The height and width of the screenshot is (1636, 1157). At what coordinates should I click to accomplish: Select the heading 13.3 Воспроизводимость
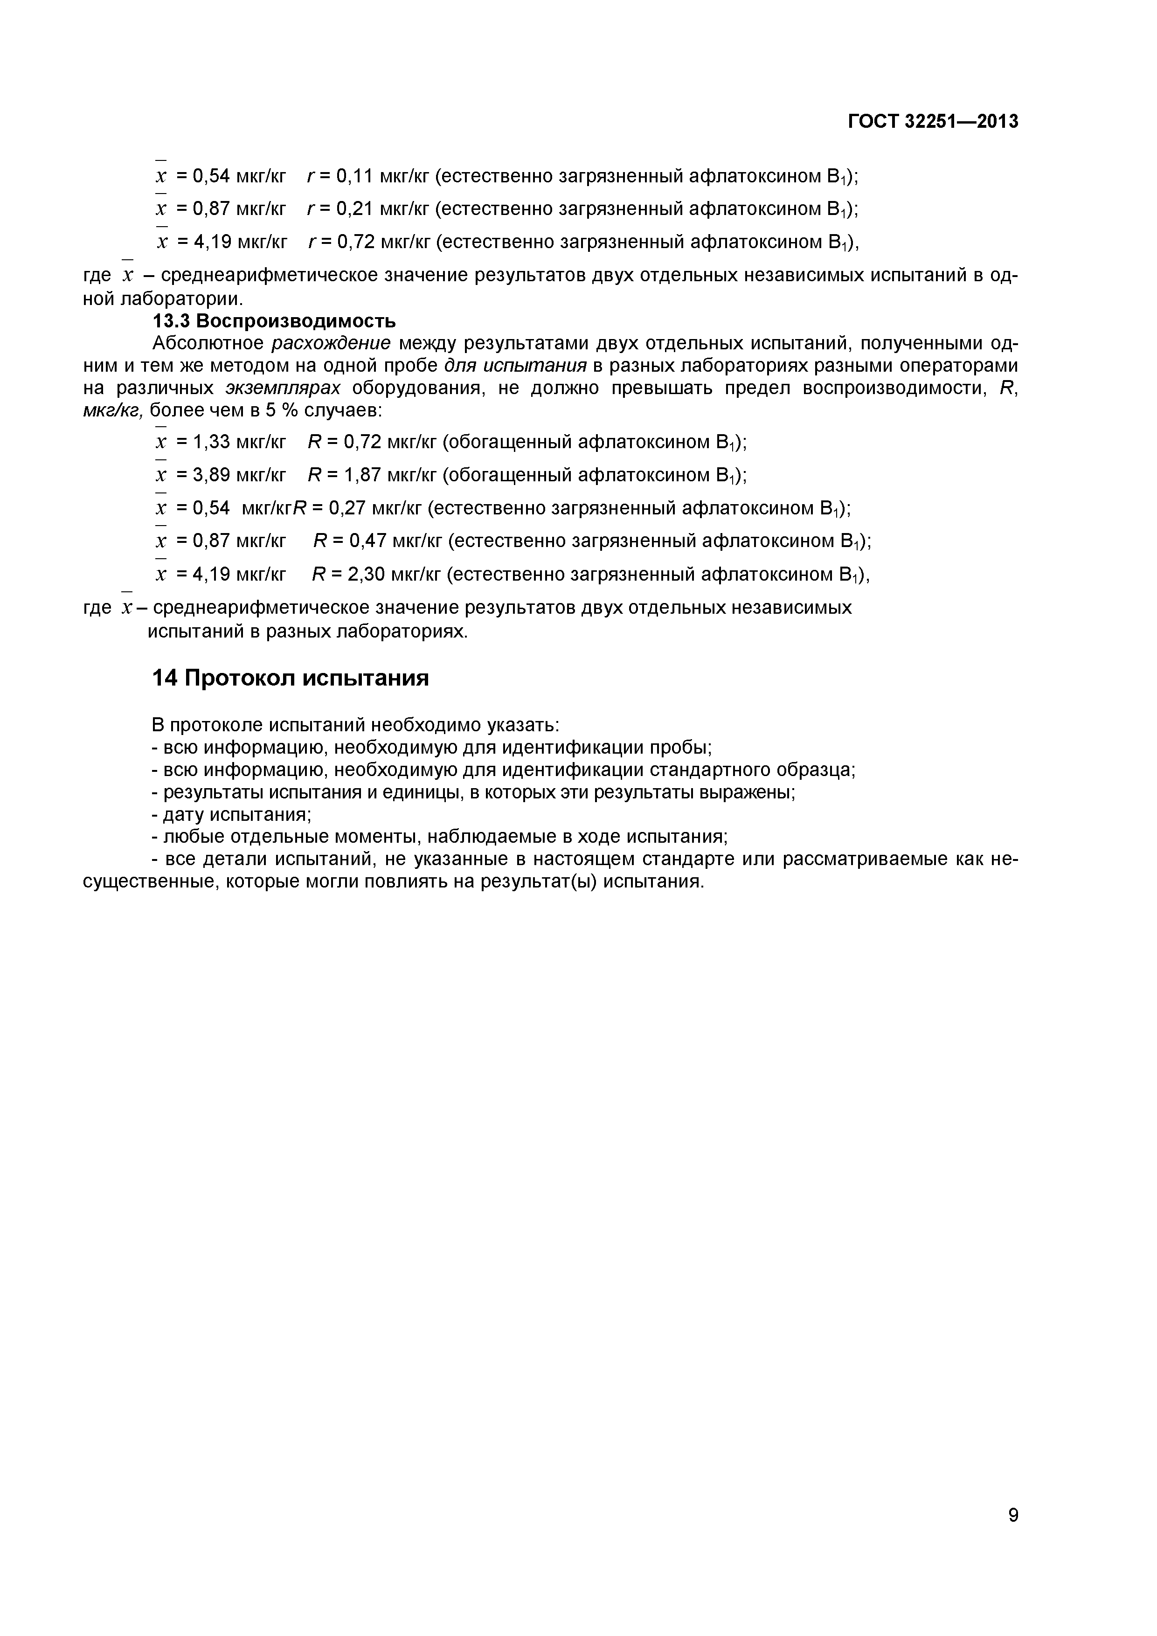[x=274, y=321]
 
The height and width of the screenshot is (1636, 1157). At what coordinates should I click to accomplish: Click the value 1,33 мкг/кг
[x=239, y=442]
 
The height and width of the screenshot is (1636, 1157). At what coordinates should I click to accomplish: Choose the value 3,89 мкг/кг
[x=239, y=475]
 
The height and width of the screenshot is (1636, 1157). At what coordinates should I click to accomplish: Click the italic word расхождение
[x=331, y=343]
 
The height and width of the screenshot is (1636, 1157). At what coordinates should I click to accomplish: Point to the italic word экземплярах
[x=283, y=388]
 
